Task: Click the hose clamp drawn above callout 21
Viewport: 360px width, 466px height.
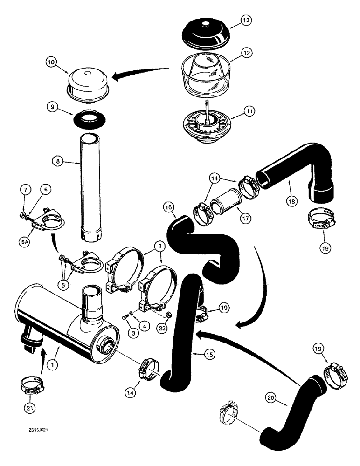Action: pyautogui.click(x=32, y=385)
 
